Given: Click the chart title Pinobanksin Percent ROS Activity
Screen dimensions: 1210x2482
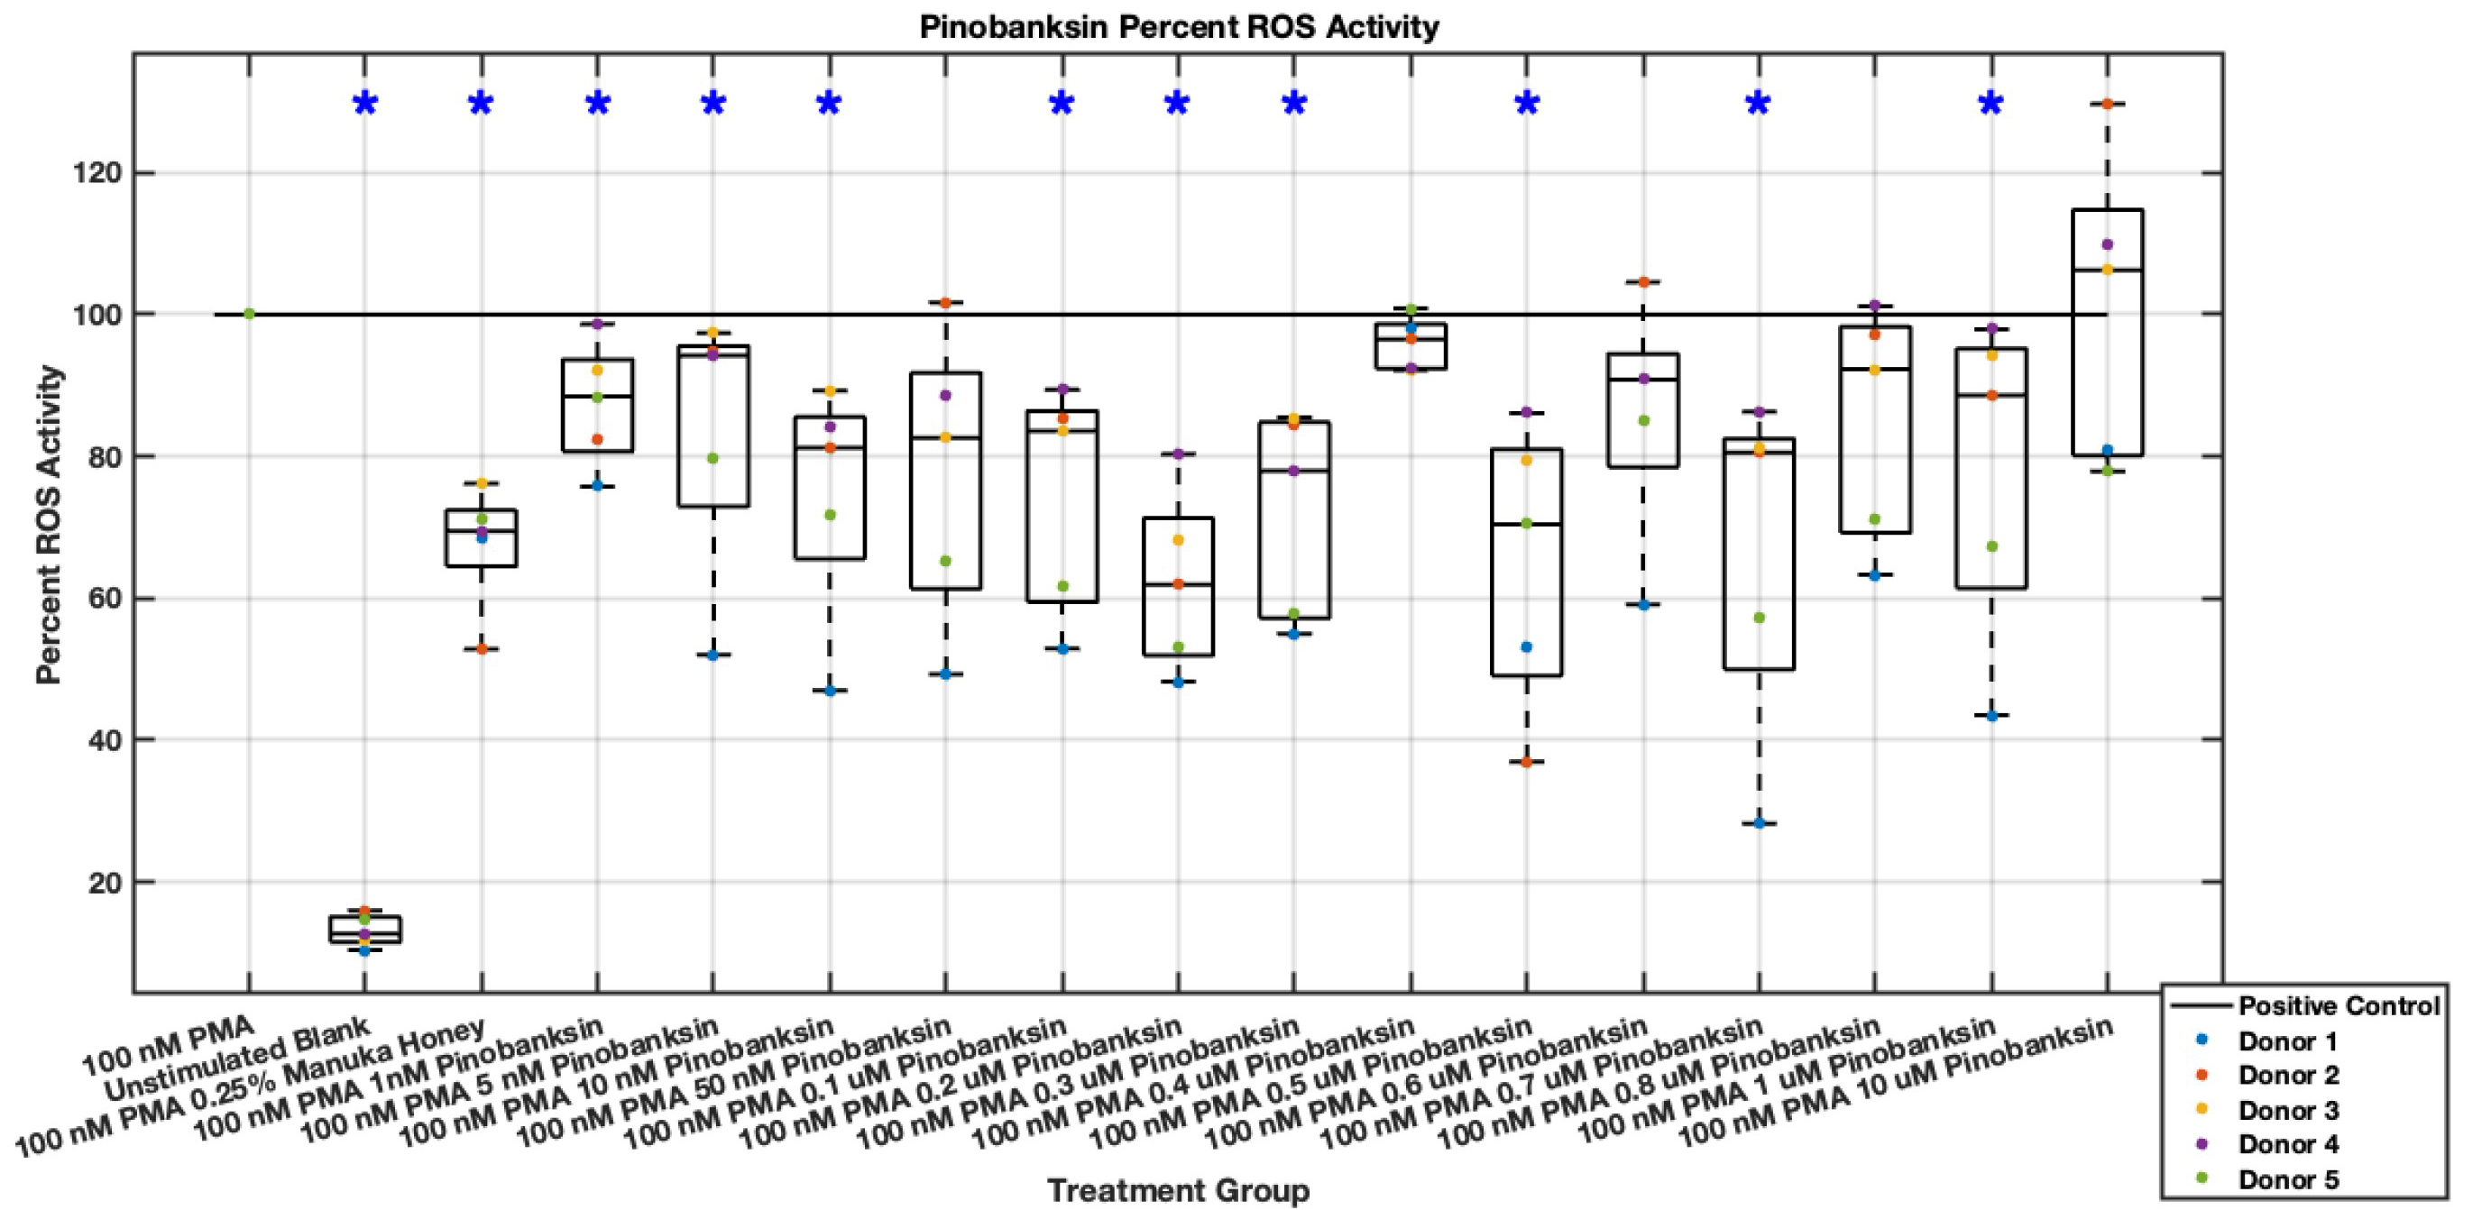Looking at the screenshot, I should (x=1179, y=26).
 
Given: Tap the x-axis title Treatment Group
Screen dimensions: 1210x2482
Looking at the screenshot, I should (x=1179, y=1190).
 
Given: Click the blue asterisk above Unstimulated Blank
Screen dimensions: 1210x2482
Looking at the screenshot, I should (x=364, y=104).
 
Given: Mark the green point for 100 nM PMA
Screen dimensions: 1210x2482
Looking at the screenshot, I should (x=249, y=314).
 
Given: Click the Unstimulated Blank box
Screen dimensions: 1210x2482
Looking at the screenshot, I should (x=364, y=929).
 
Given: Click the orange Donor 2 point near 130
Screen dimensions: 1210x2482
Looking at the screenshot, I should (x=2107, y=104).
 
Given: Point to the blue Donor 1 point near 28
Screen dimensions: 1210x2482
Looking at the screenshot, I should (x=1760, y=824).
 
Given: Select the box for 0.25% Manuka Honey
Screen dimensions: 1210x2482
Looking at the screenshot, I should (x=481, y=537).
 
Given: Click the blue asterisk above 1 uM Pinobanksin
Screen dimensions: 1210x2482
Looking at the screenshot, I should (x=1990, y=104).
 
